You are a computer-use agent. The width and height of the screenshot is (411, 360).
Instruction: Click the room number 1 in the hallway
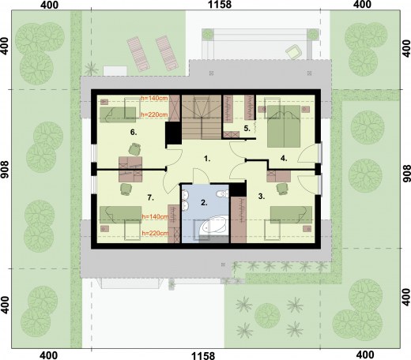point(207,159)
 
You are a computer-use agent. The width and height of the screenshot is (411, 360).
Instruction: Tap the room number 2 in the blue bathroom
point(204,203)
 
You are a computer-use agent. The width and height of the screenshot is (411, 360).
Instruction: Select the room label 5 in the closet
point(247,129)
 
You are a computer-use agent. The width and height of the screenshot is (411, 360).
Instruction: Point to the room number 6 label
point(134,132)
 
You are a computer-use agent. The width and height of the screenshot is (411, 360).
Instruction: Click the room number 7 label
point(150,197)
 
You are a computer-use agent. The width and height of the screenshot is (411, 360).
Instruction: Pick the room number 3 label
point(262,197)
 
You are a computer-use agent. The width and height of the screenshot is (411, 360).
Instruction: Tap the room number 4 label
point(284,159)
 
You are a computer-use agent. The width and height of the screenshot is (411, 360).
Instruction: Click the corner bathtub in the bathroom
point(213,225)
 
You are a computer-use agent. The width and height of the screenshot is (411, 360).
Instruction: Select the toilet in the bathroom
point(223,194)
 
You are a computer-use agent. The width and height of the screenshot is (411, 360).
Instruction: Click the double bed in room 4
point(284,126)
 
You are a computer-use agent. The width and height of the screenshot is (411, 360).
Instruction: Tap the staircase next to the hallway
point(202,117)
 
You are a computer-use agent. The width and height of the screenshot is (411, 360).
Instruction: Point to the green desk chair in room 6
point(134,149)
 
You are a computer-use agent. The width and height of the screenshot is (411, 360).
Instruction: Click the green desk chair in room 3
point(282,189)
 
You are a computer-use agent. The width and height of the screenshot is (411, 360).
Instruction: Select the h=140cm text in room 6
point(154,98)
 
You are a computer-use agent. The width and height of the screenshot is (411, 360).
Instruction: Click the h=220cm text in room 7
point(155,233)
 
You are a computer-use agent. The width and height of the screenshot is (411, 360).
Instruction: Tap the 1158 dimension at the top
point(220,5)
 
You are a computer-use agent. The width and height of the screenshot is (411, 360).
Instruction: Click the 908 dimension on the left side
point(5,170)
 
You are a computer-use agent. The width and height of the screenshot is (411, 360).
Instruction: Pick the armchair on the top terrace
point(293,51)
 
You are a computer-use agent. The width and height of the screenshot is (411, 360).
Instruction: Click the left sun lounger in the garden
point(138,54)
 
